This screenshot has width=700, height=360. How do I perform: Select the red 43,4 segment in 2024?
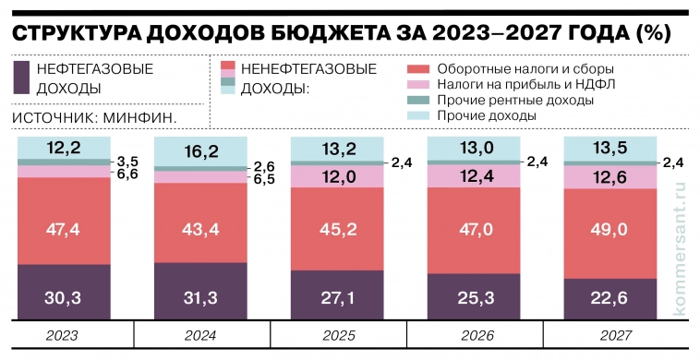pyautogui.click(x=199, y=222)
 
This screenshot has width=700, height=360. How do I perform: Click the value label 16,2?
pyautogui.click(x=199, y=151)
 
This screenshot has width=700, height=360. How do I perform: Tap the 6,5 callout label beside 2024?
pyautogui.click(x=263, y=179)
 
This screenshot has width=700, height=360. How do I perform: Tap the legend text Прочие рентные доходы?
pyautogui.click(x=514, y=100)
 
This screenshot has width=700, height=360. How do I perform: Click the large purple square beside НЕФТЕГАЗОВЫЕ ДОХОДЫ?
pyautogui.click(x=21, y=78)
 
